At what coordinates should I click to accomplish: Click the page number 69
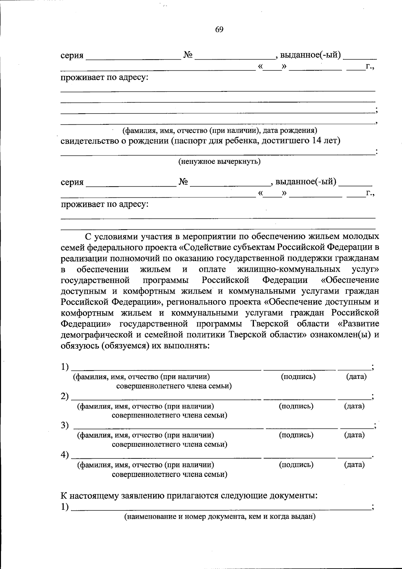point(219,29)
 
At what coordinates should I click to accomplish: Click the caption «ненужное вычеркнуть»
point(219,162)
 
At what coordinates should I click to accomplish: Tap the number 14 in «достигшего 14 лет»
point(317,140)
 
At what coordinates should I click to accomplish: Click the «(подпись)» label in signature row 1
point(298,376)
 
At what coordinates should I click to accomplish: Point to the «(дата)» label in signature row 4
point(354,464)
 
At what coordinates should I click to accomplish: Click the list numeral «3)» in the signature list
point(65,425)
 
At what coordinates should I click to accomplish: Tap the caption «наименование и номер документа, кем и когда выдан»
point(220,516)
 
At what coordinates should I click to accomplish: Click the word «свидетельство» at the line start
point(90,141)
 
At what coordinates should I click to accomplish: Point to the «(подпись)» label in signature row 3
point(296,435)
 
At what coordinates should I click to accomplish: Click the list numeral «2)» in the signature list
point(65,396)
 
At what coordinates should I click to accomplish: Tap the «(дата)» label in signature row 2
point(354,406)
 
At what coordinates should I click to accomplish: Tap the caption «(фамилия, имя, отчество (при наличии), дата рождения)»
point(219,130)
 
